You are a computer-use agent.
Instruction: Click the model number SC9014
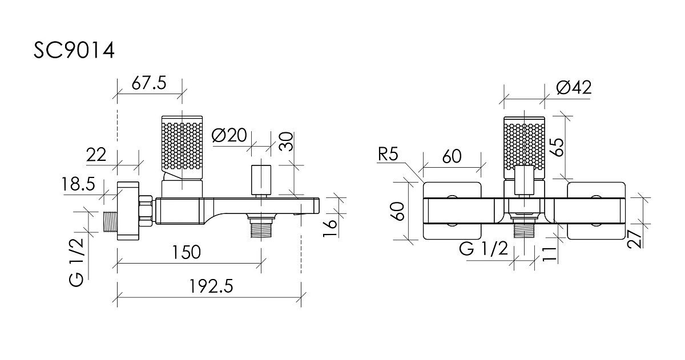[x=74, y=50]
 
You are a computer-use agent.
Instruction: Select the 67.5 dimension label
[x=149, y=83]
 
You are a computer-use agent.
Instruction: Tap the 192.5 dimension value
[x=211, y=286]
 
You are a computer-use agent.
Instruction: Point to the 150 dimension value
[x=186, y=252]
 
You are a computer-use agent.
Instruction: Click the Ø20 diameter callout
[x=229, y=135]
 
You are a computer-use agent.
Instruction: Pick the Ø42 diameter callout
[x=574, y=88]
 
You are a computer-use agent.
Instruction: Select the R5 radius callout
[x=388, y=155]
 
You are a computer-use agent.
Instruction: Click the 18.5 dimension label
[x=78, y=184]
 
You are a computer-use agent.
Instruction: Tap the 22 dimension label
[x=96, y=155]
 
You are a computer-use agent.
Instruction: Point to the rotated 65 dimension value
[x=558, y=147]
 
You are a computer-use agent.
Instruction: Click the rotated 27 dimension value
[x=634, y=238]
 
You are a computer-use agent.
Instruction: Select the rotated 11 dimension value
[x=550, y=254]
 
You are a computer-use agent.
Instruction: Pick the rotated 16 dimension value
[x=331, y=228]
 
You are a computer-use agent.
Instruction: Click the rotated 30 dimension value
[x=286, y=141]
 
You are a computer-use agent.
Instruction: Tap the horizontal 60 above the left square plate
[x=452, y=156]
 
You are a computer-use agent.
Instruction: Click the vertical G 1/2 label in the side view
[x=76, y=262]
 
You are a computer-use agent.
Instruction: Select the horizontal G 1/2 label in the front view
[x=483, y=248]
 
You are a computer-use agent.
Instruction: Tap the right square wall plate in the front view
[x=596, y=211]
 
